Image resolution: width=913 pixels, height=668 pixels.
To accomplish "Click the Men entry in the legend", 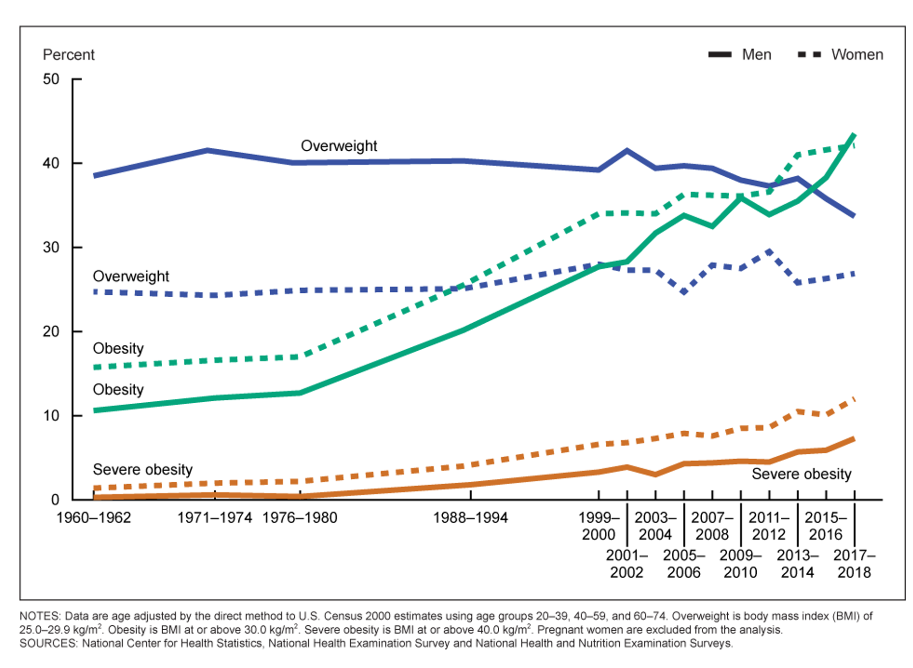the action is [x=740, y=55].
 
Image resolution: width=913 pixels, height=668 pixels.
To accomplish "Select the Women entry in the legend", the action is [x=840, y=55].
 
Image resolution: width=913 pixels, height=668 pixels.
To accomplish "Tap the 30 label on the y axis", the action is [x=51, y=247].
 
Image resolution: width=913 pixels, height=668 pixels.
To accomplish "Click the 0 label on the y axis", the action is [x=55, y=500].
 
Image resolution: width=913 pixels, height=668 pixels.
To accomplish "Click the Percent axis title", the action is [x=68, y=55].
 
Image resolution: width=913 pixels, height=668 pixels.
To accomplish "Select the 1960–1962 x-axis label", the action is [x=93, y=518].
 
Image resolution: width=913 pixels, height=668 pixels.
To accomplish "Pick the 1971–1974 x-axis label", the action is [x=215, y=518].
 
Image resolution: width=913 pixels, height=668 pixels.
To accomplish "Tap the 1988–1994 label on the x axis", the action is [x=470, y=518].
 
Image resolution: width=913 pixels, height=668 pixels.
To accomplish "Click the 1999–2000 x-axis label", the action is [x=599, y=526].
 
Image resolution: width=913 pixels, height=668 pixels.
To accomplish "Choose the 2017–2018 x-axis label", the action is [x=854, y=564].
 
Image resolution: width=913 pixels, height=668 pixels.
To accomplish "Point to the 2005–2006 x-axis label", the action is [x=684, y=564].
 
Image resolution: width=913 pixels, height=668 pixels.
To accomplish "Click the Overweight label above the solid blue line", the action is [x=339, y=146].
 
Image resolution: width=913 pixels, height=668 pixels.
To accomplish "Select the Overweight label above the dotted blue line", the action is [x=131, y=277].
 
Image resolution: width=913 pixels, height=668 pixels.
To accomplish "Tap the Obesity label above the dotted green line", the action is [x=118, y=349].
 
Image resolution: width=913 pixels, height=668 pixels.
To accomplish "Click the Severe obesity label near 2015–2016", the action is [x=801, y=474].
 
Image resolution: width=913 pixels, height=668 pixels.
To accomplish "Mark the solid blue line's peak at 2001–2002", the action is [x=627, y=150].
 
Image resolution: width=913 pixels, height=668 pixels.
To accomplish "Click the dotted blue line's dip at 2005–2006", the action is [x=684, y=292].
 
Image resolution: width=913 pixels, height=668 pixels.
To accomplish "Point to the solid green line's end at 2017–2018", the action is [x=854, y=135].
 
